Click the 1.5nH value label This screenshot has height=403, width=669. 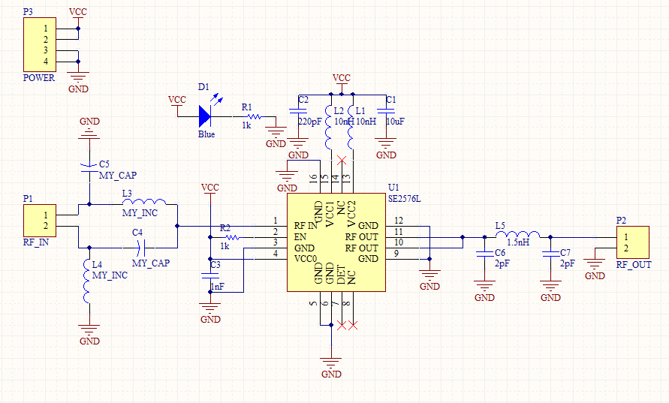coord(518,243)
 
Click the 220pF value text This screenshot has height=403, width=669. coord(309,121)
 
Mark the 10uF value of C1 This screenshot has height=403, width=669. coord(395,121)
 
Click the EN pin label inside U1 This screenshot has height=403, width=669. coord(300,236)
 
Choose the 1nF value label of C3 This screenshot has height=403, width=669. coord(217,287)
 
